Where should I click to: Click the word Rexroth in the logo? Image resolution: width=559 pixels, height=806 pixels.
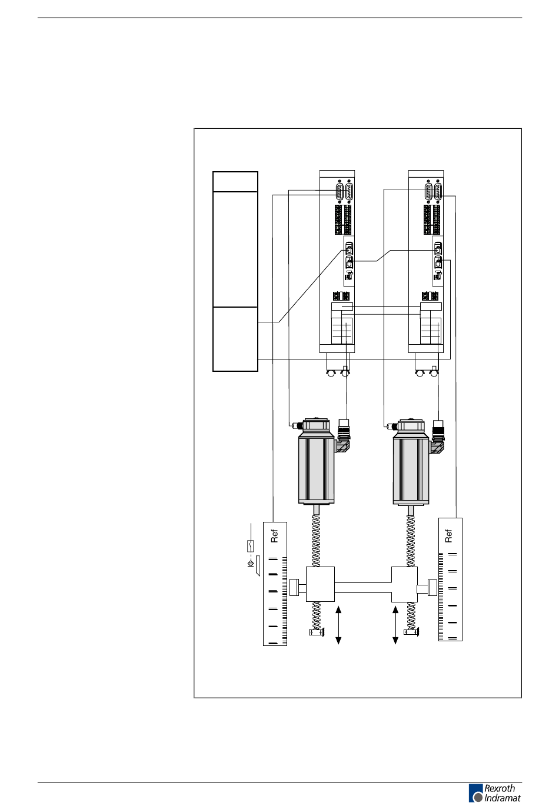[x=500, y=788]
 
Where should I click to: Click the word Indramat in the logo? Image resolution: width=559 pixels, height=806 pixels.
[x=502, y=798]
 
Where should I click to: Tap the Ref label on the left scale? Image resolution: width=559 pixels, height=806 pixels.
[x=274, y=536]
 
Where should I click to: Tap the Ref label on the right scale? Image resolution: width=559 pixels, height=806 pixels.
[x=448, y=536]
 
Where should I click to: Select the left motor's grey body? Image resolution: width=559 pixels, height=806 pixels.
[x=316, y=471]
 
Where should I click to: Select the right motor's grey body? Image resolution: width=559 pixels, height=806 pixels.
[x=411, y=471]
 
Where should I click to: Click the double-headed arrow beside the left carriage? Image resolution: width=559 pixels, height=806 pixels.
[x=338, y=625]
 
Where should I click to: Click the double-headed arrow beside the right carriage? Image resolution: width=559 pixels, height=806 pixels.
[x=395, y=625]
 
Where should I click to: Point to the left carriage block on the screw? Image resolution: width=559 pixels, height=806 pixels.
[x=320, y=584]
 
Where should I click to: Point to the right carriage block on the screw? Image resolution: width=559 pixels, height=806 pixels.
[x=404, y=584]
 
